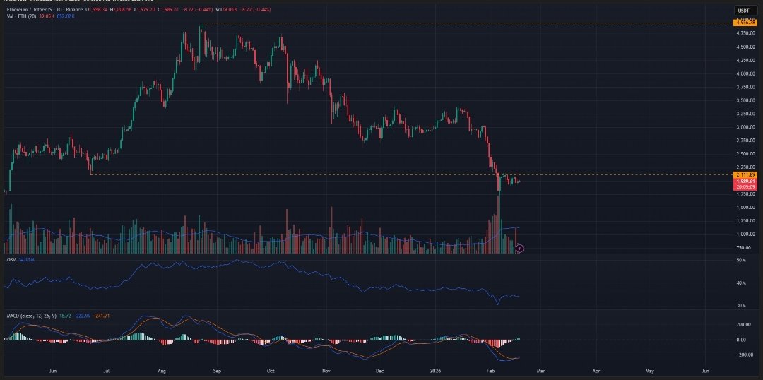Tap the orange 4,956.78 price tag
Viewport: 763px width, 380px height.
[745, 23]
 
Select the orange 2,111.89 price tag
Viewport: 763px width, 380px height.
[745, 174]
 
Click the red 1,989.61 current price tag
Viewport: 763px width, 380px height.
[745, 182]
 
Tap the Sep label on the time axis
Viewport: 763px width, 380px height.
[218, 370]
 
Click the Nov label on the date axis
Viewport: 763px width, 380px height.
[326, 370]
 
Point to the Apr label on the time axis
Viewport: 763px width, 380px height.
[596, 370]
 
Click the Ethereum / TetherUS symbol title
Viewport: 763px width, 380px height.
[32, 11]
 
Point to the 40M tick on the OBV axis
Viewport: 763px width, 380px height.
[741, 283]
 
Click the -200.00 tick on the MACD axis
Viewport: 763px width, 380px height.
[744, 355]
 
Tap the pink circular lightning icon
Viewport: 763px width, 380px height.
[520, 248]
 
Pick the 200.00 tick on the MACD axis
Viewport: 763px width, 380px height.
[744, 324]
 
